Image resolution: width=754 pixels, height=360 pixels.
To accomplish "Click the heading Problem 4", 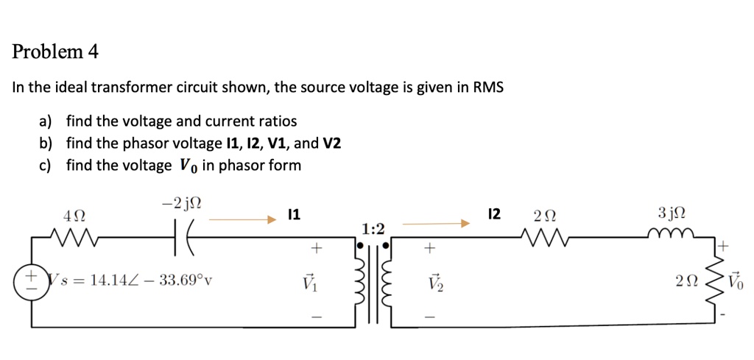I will click(x=55, y=52).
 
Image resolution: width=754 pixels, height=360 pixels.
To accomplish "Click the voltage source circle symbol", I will click(x=32, y=282).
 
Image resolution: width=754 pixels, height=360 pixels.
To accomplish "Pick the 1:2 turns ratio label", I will click(x=373, y=228).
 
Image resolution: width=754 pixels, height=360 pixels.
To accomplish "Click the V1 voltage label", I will click(x=315, y=282).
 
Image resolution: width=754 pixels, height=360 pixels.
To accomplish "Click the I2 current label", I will click(x=494, y=214).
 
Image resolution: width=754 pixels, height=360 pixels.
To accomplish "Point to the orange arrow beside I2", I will click(x=435, y=222).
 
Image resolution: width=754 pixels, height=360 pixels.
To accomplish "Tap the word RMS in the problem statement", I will click(x=488, y=88).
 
